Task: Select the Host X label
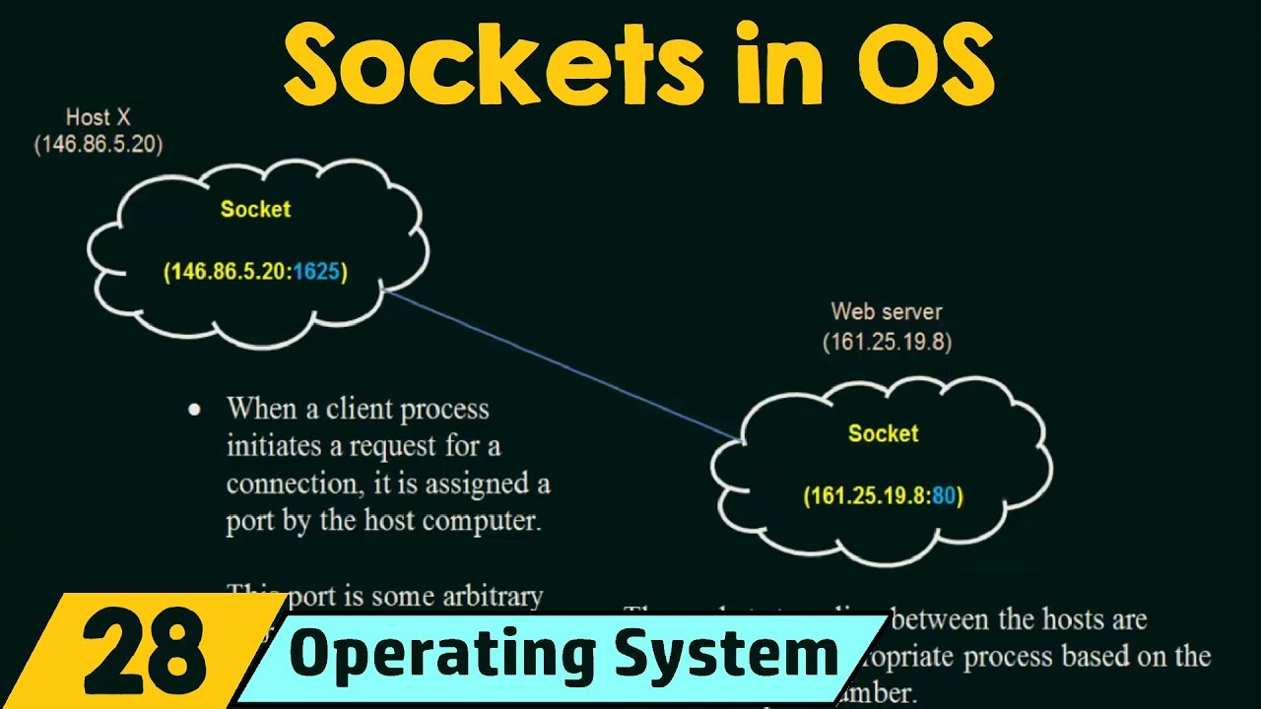tap(99, 118)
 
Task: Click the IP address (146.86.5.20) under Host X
tap(99, 144)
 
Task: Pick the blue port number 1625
tap(317, 272)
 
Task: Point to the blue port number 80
tap(944, 496)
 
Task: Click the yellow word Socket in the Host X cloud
tap(255, 209)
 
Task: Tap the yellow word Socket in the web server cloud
tap(883, 433)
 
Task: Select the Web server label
tap(887, 312)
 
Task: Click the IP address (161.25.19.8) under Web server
tap(887, 343)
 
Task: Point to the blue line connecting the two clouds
tap(562, 364)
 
